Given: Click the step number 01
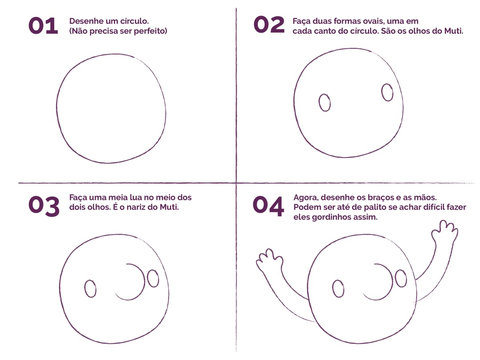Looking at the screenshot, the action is pyautogui.click(x=43, y=26).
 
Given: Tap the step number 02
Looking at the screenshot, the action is pyautogui.click(x=269, y=25).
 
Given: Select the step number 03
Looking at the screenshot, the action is pyautogui.click(x=44, y=206).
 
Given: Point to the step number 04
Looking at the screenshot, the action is pyautogui.click(x=268, y=206).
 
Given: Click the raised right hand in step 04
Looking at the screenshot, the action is pyautogui.click(x=445, y=232).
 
